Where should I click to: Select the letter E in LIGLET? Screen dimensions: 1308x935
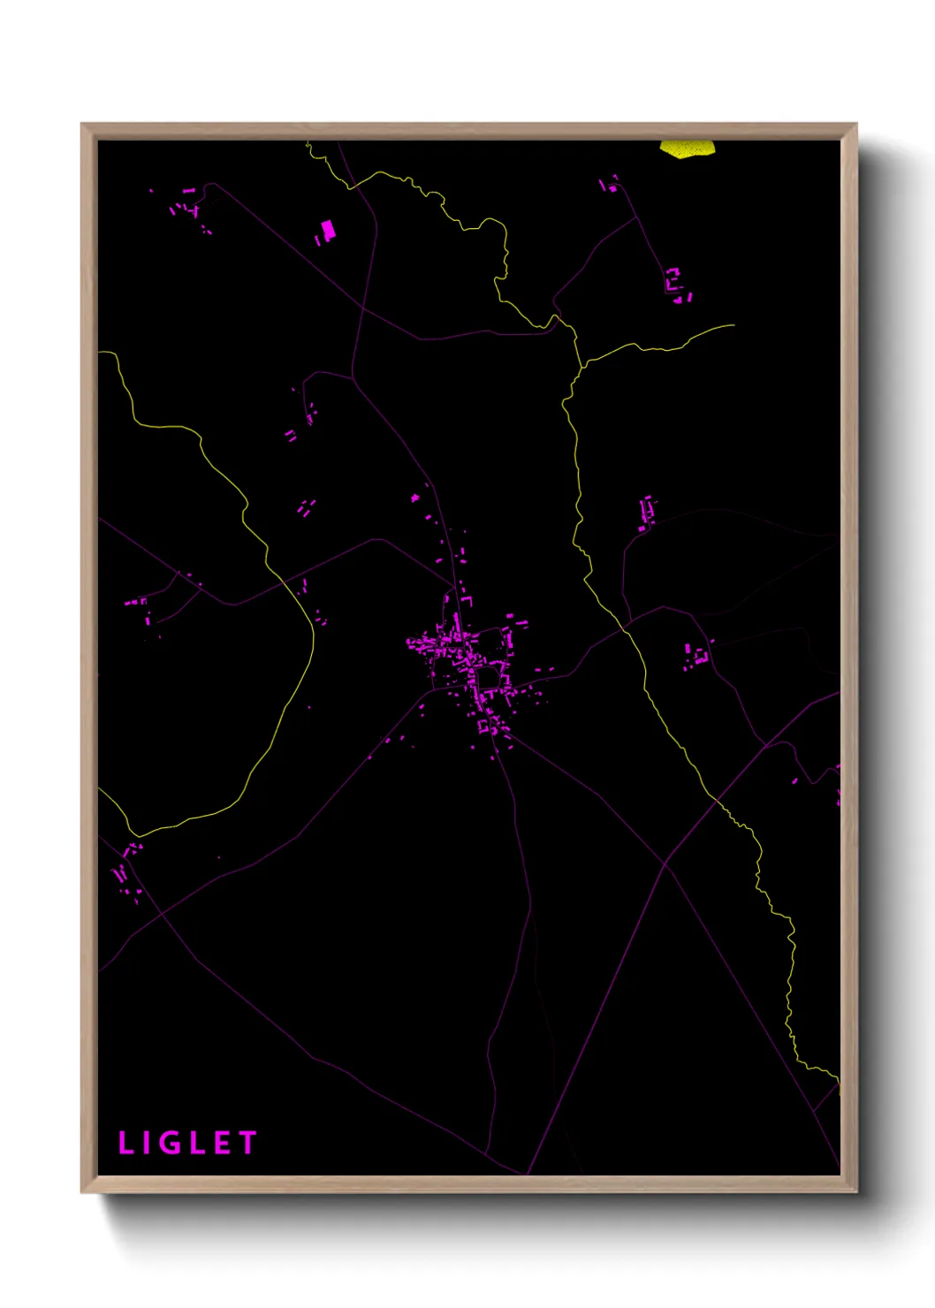pos(222,1143)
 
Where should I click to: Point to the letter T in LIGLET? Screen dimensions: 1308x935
pos(247,1143)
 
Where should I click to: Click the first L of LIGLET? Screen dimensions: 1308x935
pos(125,1143)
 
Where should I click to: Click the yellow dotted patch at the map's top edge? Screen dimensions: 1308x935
pos(687,148)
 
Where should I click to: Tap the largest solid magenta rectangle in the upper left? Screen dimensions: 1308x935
pos(328,231)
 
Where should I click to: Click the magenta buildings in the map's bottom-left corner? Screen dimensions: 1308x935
pos(126,871)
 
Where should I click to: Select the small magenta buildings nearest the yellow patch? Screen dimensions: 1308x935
pos(610,184)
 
